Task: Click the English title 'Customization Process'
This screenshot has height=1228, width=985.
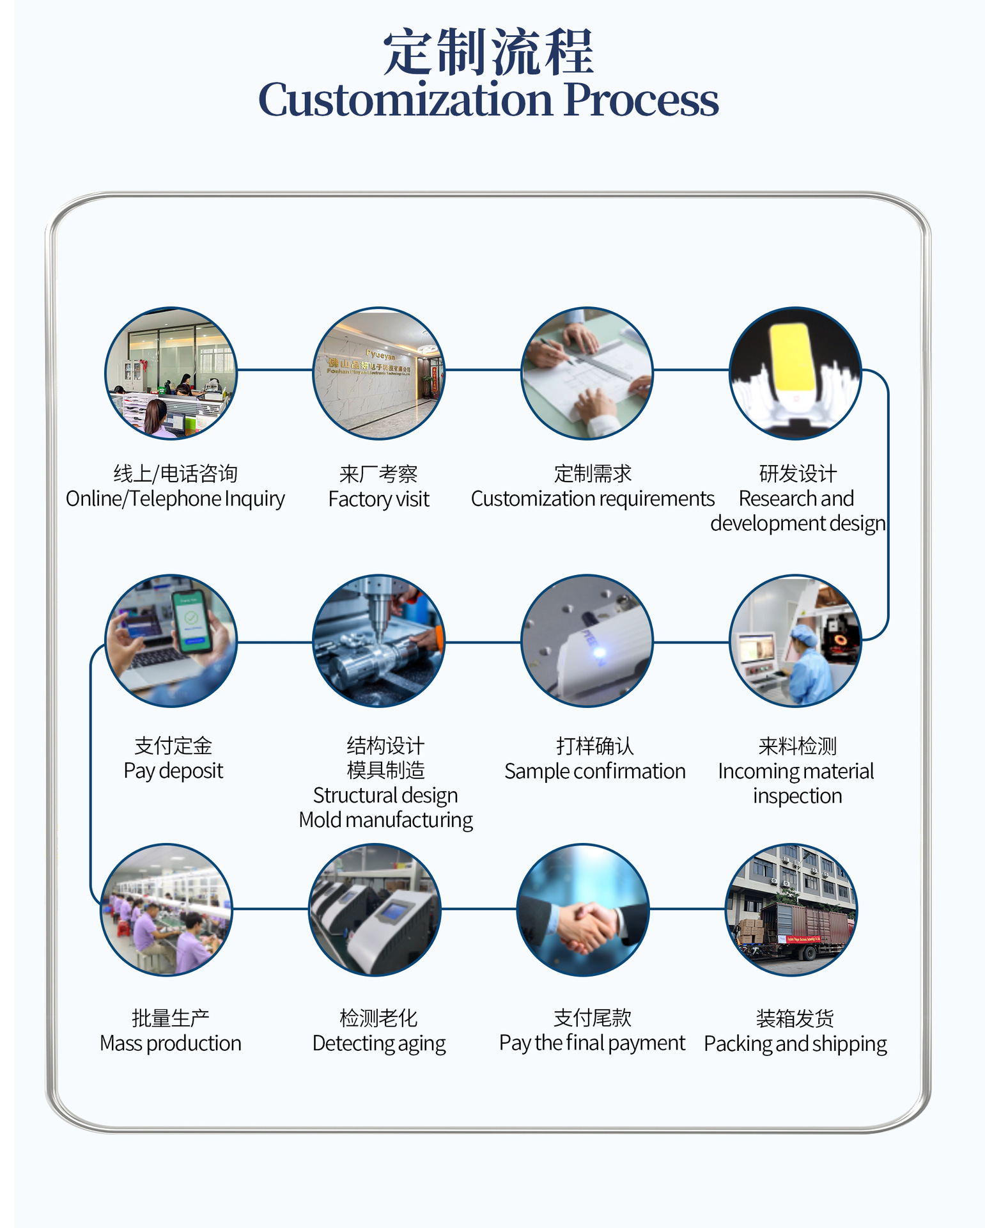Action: [x=488, y=100]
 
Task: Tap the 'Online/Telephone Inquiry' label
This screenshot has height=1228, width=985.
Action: [x=175, y=499]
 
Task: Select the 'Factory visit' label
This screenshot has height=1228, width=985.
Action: [x=378, y=499]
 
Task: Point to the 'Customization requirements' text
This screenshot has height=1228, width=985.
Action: [x=593, y=499]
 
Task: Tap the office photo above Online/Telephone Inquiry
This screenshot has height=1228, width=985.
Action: [x=171, y=374]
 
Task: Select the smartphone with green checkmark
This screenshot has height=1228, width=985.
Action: [x=191, y=620]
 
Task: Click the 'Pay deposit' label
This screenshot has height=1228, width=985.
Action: [x=173, y=771]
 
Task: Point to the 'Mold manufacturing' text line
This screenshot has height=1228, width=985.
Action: [x=385, y=820]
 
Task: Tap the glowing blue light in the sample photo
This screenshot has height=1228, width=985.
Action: [x=600, y=652]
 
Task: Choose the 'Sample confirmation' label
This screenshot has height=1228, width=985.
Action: [x=594, y=771]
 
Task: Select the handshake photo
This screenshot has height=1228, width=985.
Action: [x=582, y=909]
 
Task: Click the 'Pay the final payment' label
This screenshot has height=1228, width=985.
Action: [x=592, y=1043]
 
